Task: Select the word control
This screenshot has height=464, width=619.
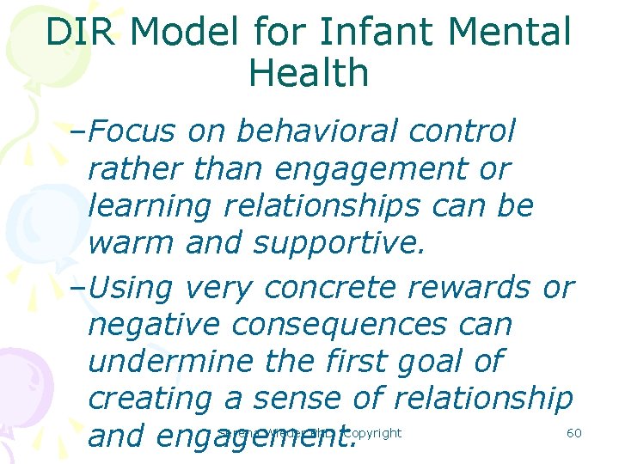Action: pyautogui.click(x=463, y=131)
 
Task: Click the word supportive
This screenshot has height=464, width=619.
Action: pyautogui.click(x=339, y=244)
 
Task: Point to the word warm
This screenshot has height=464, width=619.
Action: pyautogui.click(x=127, y=244)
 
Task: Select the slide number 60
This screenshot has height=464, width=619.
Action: pyautogui.click(x=574, y=432)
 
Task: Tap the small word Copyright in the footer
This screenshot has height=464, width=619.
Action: pyautogui.click(x=371, y=432)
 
